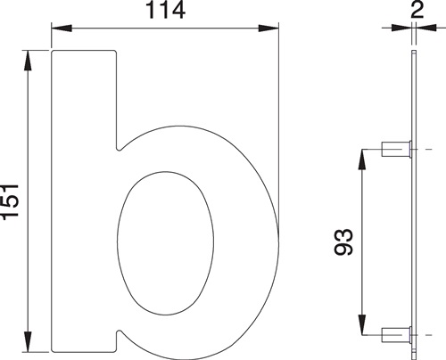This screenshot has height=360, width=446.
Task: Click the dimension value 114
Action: [164, 12]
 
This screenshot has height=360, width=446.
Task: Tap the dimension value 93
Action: [345, 241]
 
